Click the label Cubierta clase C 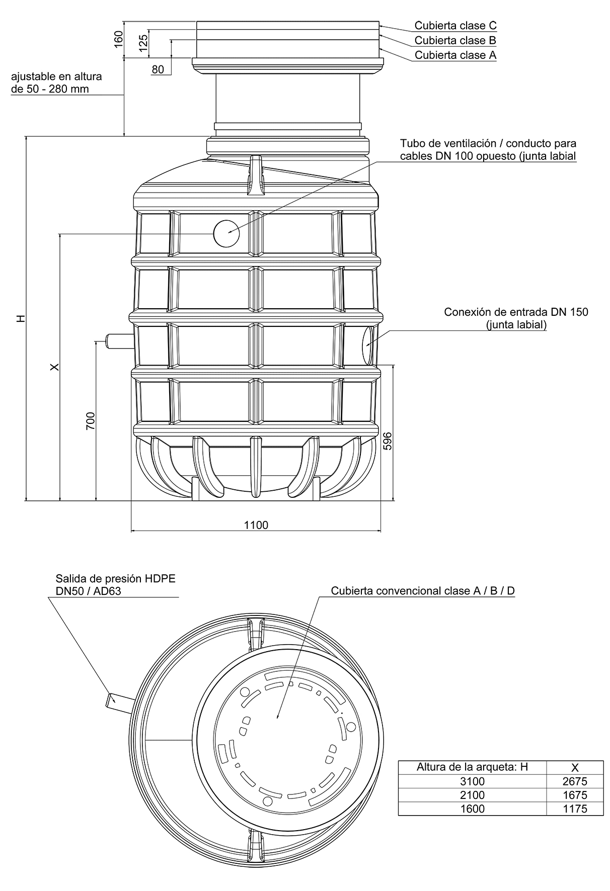coord(455,25)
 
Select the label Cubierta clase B coord(455,40)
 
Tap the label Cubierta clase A coord(455,55)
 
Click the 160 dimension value coord(119,39)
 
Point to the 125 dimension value coord(143,43)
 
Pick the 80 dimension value coord(158,70)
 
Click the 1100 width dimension coord(256,525)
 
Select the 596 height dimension coord(388,441)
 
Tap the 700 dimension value coord(91,420)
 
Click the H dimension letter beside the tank coord(20,319)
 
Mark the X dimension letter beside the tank coord(55,367)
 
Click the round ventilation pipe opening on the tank coord(226,233)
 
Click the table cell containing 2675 coord(574,781)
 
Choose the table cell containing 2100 coord(472,795)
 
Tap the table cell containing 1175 coord(574,809)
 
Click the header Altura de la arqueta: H coord(472,767)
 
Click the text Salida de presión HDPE coord(116,579)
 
